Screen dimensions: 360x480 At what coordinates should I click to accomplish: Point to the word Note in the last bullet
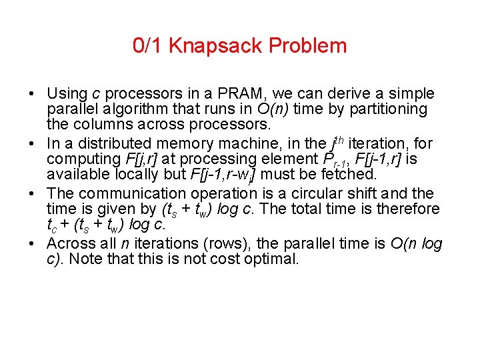coord(83,259)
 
